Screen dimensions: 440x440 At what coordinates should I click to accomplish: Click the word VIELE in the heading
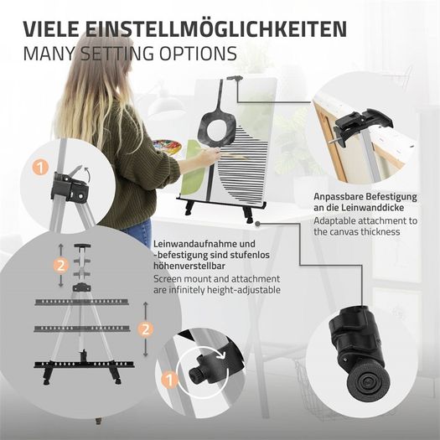coord(51,28)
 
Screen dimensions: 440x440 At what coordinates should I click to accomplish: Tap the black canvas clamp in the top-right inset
coord(362,126)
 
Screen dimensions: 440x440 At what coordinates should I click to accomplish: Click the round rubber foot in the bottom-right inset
coord(366,382)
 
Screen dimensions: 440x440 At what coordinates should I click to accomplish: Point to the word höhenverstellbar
coord(189,266)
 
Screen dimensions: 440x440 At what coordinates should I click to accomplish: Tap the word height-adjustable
coord(244,290)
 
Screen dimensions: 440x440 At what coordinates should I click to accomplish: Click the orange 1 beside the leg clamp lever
coord(40,168)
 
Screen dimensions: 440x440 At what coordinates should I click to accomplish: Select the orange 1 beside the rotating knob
coord(169,380)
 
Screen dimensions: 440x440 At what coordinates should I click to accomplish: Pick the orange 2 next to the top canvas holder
coord(61,265)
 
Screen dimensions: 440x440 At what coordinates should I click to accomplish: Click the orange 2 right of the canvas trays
coord(145,329)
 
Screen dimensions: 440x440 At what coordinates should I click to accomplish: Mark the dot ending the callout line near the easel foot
coord(258,224)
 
